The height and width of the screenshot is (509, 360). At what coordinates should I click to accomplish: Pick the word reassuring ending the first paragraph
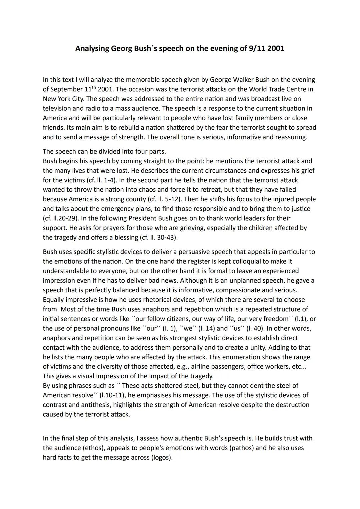pos(291,137)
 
